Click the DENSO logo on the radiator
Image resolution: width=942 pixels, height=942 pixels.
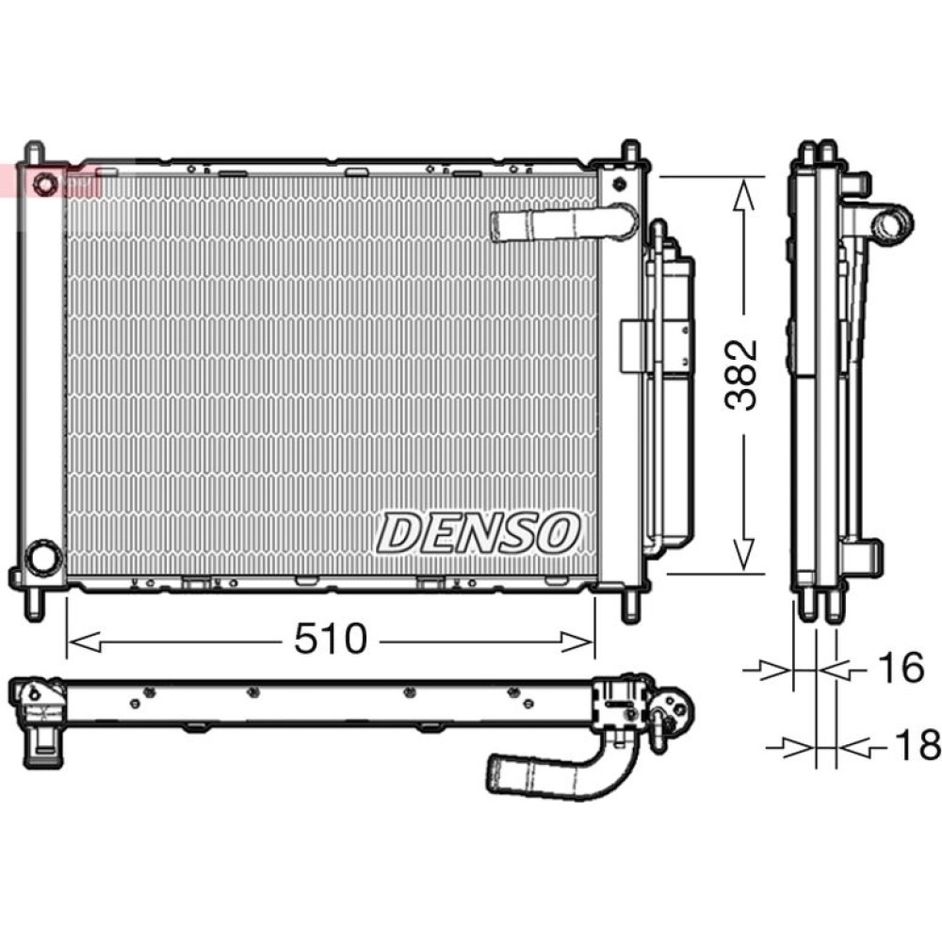coord(479,533)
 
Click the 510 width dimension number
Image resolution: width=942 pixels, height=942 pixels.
coord(330,639)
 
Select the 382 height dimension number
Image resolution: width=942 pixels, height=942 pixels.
coord(740,376)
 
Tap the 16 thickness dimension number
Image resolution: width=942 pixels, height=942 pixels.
coord(901,668)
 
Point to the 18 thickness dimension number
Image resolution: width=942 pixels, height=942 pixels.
coord(917,744)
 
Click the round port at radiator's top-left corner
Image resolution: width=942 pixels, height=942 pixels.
coord(45,183)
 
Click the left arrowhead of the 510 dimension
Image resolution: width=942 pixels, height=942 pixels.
coord(85,642)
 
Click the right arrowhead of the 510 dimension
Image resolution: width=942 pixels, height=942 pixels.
coord(577,642)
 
